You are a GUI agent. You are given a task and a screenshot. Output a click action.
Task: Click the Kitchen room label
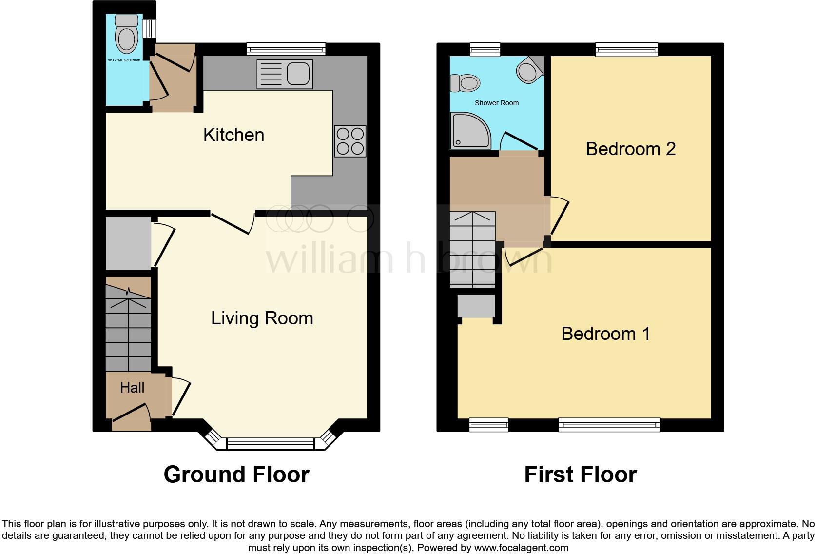(x=233, y=135)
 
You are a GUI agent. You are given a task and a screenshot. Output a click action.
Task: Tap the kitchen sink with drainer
(x=285, y=75)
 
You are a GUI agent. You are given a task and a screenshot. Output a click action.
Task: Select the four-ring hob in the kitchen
(x=350, y=141)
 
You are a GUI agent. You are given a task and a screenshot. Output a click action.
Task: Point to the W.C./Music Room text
(x=124, y=60)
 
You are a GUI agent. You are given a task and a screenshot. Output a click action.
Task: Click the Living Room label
(x=262, y=318)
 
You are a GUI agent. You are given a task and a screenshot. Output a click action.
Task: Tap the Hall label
(x=132, y=387)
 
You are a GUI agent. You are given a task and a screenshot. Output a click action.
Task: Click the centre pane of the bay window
(x=271, y=444)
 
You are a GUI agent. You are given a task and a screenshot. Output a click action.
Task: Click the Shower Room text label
(x=496, y=103)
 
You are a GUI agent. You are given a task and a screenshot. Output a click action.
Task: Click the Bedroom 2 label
(x=630, y=149)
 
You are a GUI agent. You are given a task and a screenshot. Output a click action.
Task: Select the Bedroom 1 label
(x=605, y=334)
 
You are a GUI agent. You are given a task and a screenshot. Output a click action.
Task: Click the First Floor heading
(x=580, y=474)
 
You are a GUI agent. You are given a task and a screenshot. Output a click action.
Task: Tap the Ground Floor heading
(x=236, y=474)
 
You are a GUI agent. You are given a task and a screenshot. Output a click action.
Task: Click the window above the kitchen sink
(x=286, y=49)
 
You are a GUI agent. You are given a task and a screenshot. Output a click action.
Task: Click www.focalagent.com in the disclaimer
(x=521, y=548)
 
